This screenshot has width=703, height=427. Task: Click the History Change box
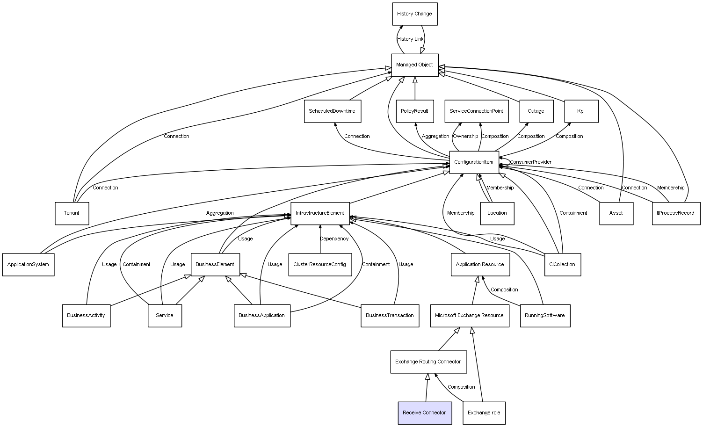(x=414, y=14)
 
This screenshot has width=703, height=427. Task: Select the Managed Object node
(x=414, y=65)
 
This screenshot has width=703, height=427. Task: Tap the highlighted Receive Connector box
(x=425, y=413)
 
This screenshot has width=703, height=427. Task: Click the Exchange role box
(x=484, y=413)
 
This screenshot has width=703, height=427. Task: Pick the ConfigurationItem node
(x=474, y=162)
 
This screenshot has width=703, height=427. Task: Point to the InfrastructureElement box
(x=320, y=213)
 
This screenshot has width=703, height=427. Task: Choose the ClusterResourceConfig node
(x=320, y=265)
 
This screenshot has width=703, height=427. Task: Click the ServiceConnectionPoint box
(x=476, y=111)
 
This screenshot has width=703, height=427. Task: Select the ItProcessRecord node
(x=676, y=213)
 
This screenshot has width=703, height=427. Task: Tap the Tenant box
(x=72, y=213)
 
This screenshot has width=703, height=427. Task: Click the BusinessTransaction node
(x=390, y=316)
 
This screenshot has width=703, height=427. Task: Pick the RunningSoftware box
(x=545, y=316)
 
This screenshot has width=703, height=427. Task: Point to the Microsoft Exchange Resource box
(x=470, y=316)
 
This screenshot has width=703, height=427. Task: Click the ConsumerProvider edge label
(x=531, y=162)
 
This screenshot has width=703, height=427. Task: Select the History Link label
(x=410, y=39)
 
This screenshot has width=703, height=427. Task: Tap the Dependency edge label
(x=334, y=239)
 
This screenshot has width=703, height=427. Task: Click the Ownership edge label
(x=465, y=137)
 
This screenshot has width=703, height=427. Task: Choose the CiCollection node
(x=563, y=265)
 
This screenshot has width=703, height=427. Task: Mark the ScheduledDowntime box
(x=332, y=111)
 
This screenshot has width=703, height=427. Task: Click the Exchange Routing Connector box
(x=428, y=362)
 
